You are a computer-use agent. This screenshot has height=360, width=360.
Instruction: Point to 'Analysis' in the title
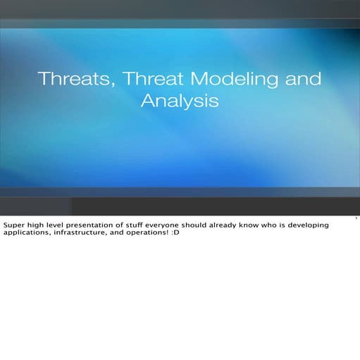coord(180,101)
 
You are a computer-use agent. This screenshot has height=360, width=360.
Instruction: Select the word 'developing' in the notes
coord(306,226)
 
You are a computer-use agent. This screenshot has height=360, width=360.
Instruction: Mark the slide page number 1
coord(356,218)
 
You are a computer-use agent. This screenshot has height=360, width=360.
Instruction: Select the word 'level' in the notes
coord(52,226)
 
